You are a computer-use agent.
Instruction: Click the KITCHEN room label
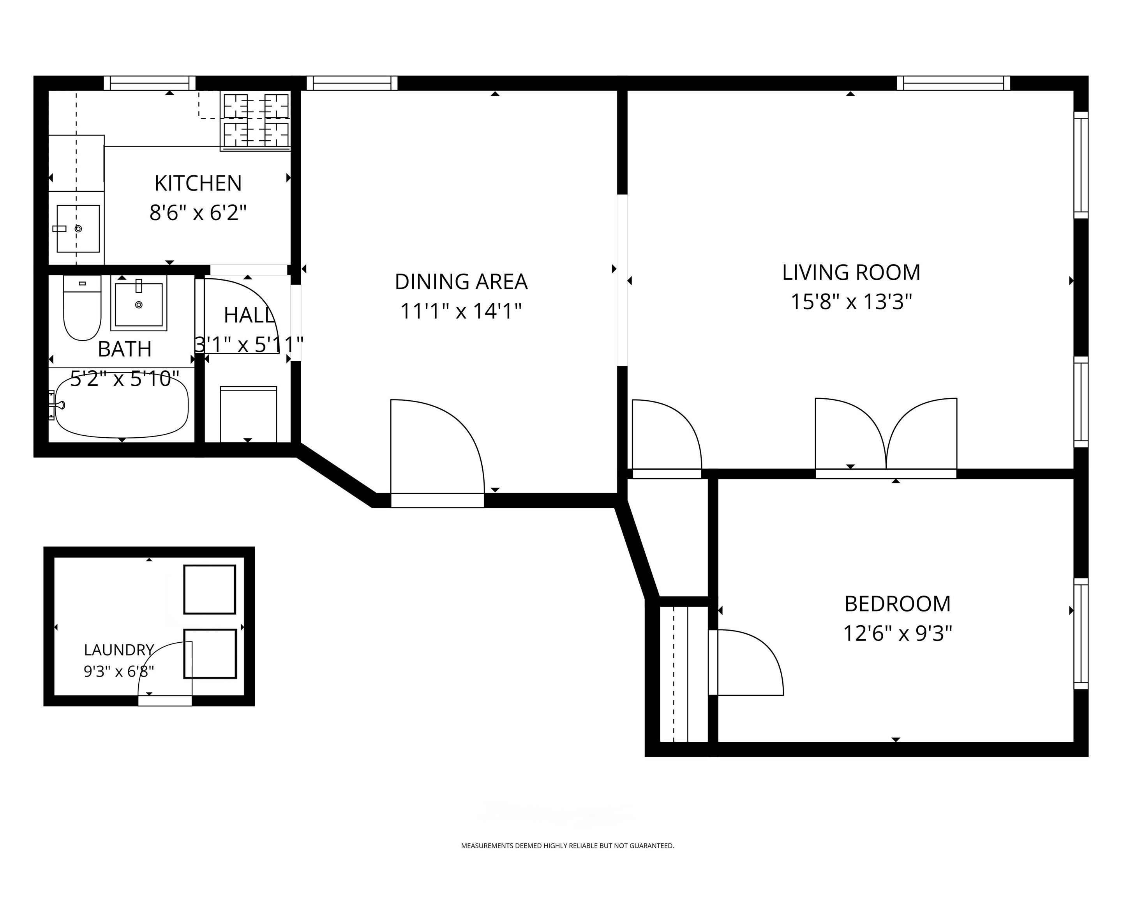(x=198, y=183)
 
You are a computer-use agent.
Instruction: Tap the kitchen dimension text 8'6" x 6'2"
(x=198, y=212)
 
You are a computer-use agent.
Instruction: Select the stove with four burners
(x=256, y=121)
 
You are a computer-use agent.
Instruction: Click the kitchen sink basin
(x=78, y=228)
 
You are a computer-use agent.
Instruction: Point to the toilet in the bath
(x=82, y=308)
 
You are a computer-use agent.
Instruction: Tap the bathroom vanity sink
(x=138, y=303)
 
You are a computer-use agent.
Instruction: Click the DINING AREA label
(x=461, y=282)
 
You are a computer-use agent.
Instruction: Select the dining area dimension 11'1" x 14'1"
(x=461, y=311)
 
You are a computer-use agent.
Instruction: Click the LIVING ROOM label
(x=851, y=272)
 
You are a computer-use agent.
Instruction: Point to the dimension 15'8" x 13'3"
(x=851, y=301)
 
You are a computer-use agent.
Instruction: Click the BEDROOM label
(x=898, y=604)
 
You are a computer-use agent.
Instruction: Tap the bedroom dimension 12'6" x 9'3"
(x=898, y=633)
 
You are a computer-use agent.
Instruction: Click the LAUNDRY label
(x=119, y=650)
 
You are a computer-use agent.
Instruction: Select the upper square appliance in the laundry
(x=210, y=589)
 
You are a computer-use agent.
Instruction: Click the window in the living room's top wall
(x=953, y=83)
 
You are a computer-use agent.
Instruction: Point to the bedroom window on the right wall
(x=1081, y=633)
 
